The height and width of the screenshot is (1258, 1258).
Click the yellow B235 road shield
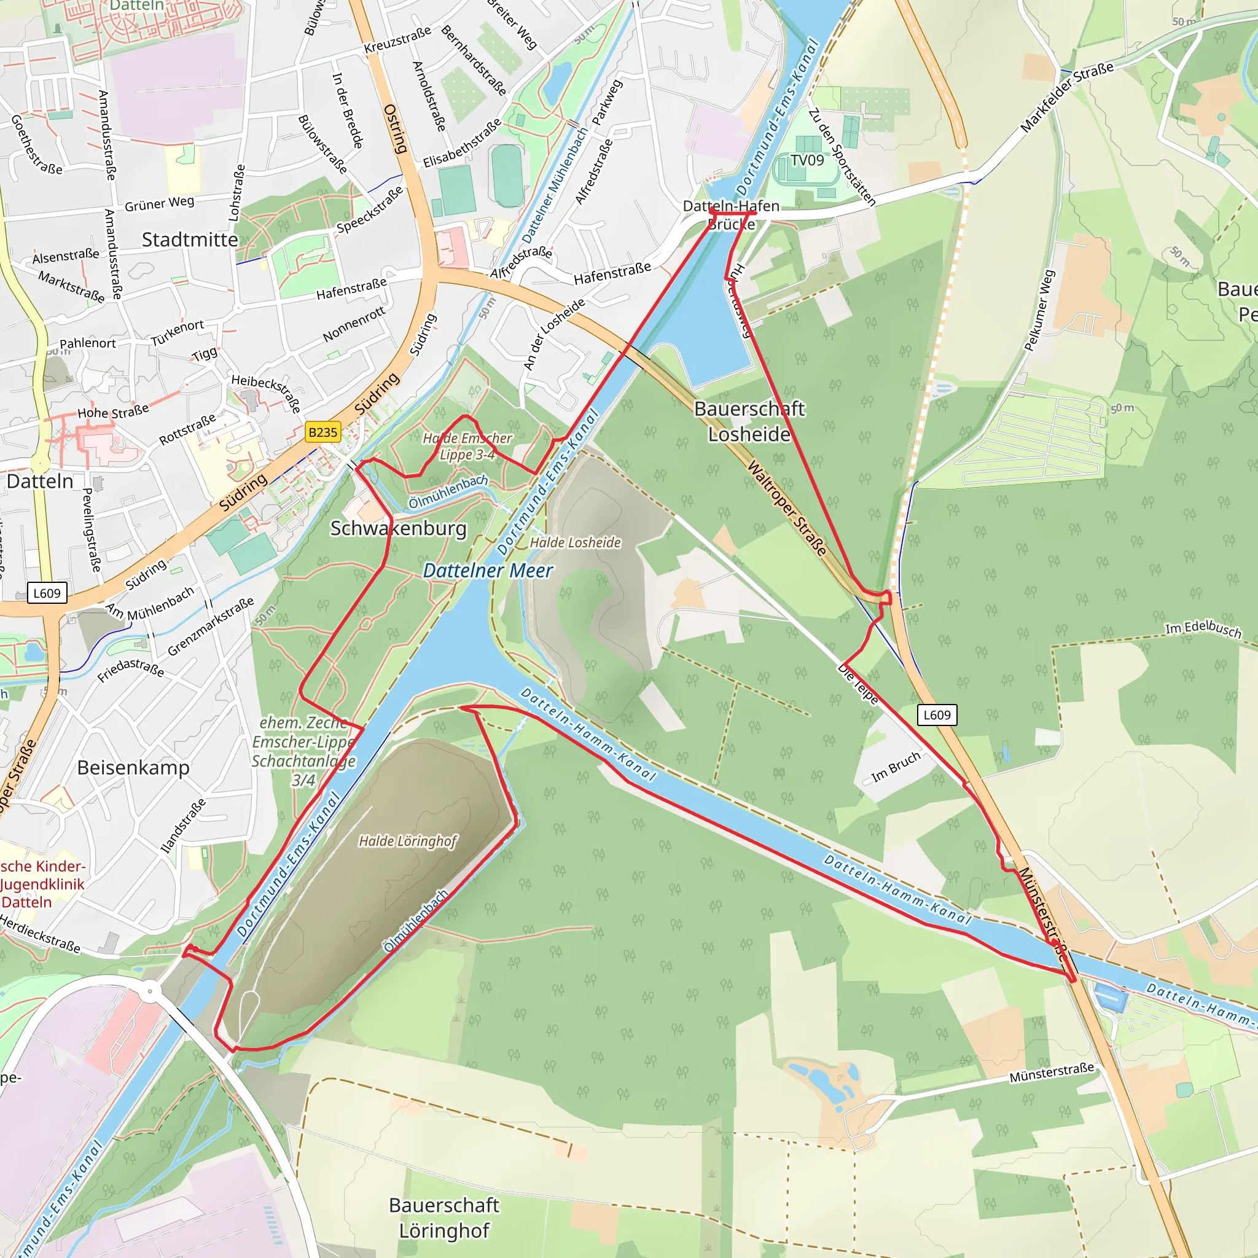[323, 432]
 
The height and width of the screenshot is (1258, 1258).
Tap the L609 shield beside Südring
[47, 593]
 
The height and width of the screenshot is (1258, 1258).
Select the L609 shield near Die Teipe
[937, 715]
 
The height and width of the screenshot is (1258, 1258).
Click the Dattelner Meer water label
[488, 571]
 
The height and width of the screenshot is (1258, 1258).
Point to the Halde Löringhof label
[408, 842]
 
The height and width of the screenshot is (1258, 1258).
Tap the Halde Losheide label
[575, 542]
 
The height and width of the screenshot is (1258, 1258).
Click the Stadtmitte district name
[190, 240]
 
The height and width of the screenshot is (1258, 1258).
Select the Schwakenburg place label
[399, 528]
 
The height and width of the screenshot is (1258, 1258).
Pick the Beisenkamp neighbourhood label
[133, 768]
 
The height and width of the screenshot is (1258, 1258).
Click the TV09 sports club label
[807, 160]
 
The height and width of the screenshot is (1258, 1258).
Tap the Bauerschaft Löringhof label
[444, 1217]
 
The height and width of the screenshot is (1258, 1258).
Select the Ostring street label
[395, 129]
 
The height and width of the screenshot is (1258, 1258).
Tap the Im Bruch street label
[896, 767]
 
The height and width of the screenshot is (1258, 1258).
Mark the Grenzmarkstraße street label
[210, 627]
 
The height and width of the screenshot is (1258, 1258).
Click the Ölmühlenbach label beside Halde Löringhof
[416, 921]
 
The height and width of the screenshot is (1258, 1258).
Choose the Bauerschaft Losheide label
[749, 421]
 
